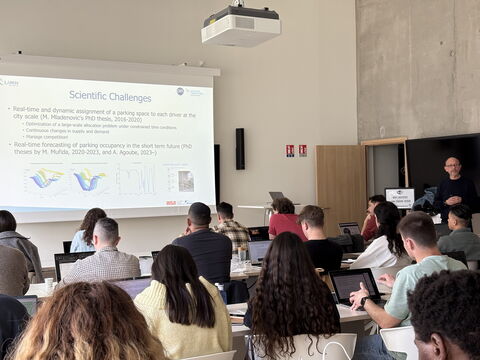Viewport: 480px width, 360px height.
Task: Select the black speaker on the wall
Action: tap(240, 148)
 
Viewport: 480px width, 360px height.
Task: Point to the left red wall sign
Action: tap(290, 150)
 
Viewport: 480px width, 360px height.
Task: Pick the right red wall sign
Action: tap(302, 150)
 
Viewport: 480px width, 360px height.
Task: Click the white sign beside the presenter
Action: tap(399, 196)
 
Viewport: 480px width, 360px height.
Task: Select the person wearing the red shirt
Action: tap(286, 222)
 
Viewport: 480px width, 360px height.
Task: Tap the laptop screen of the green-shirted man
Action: tap(352, 284)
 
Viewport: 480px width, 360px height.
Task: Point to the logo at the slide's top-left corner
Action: tap(9, 82)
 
